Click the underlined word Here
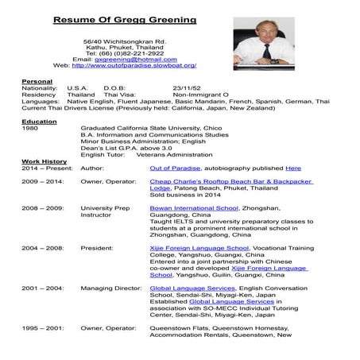[x=293, y=168]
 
